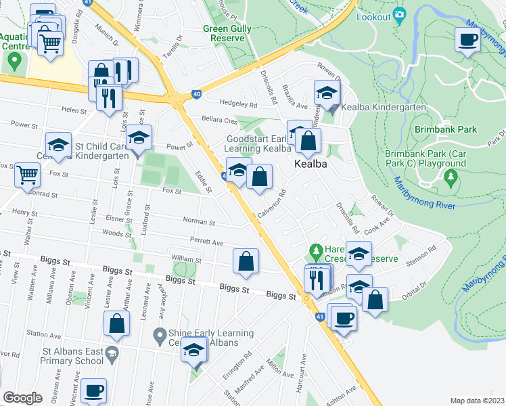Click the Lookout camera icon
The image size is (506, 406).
(399, 14)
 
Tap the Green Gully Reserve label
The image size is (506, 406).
(227, 34)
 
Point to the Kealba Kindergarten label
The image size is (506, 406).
(383, 108)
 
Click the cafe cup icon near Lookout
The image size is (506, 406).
(467, 40)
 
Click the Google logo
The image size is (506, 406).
(22, 398)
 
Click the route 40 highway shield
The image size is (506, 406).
(195, 94)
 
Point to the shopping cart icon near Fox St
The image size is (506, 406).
(28, 175)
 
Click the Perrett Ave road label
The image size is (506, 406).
(207, 242)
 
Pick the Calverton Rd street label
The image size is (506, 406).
(273, 203)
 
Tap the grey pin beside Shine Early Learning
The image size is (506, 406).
(159, 334)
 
